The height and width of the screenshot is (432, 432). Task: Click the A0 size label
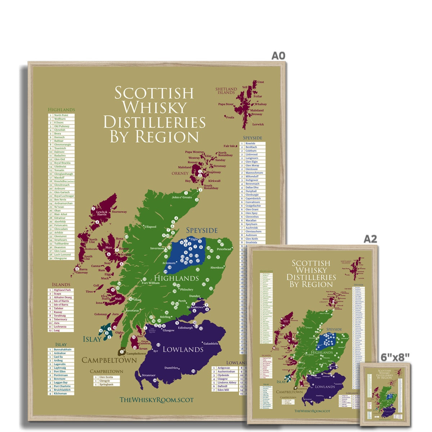click(x=278, y=55)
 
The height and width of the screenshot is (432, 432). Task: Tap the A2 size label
click(x=370, y=239)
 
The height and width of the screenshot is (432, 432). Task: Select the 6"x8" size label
click(x=395, y=357)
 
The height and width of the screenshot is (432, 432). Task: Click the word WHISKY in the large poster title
click(x=155, y=107)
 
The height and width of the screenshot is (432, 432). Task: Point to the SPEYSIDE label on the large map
click(x=202, y=230)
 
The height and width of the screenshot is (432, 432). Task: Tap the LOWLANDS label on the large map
click(x=183, y=349)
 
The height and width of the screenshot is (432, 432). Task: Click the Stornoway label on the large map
click(x=120, y=212)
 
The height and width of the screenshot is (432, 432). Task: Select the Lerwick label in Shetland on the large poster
click(x=258, y=124)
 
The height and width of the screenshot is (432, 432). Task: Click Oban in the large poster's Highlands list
click(x=57, y=211)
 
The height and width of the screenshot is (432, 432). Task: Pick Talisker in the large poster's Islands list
click(x=58, y=308)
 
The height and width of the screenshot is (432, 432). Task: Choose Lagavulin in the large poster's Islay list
click(x=60, y=364)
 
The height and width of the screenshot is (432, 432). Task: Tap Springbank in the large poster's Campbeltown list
click(x=107, y=384)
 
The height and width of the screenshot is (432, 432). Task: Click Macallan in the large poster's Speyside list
click(x=251, y=220)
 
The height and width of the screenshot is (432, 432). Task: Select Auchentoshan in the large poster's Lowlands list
click(x=226, y=372)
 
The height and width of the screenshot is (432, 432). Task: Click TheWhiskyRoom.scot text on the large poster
click(x=156, y=400)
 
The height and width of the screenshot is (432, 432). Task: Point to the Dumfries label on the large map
click(x=171, y=368)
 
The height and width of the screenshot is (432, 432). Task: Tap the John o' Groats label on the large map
click(x=181, y=197)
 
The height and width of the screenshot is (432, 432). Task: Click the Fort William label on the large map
click(x=150, y=283)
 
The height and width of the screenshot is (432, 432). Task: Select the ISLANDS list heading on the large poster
click(x=61, y=285)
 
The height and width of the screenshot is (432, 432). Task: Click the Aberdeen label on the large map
click(x=217, y=267)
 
